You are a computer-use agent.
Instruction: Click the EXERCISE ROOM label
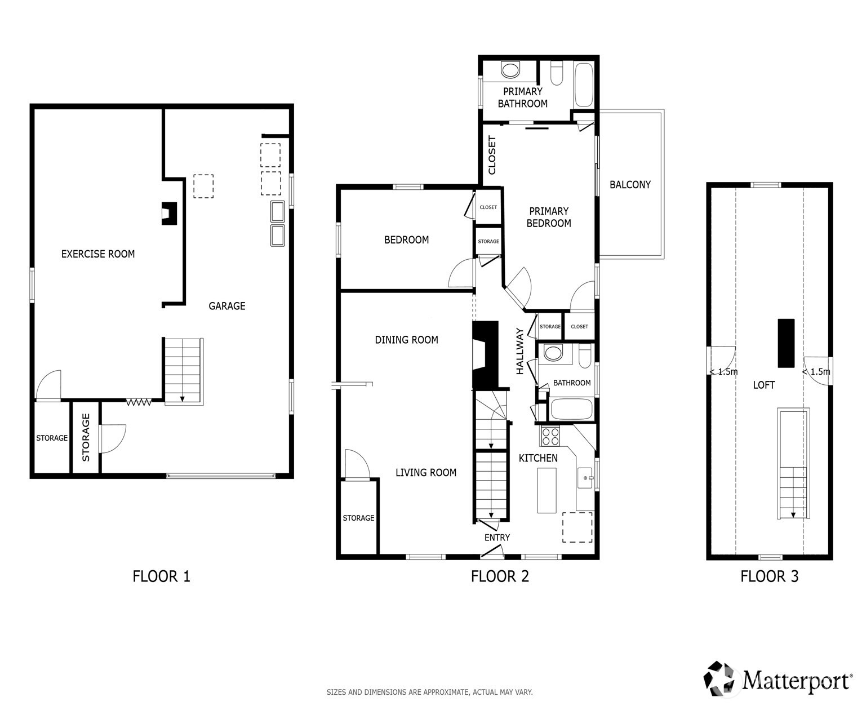pos(98,254)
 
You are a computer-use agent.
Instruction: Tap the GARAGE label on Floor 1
pos(227,306)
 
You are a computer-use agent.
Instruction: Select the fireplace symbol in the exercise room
pos(170,214)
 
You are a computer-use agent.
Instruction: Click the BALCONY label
pos(630,185)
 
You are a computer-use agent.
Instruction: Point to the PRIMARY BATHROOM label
pos(522,97)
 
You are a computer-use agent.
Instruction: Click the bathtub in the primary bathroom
pos(583,85)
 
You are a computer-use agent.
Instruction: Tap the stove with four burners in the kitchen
pos(550,436)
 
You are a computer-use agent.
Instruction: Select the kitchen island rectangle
pos(546,490)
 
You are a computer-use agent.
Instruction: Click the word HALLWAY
pos(519,351)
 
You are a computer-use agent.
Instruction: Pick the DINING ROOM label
pos(406,340)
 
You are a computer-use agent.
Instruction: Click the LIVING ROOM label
pos(425,473)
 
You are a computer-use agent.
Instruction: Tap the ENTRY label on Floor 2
pos(497,538)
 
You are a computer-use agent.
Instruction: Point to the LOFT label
pos(763,385)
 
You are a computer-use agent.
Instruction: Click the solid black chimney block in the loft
pos(785,343)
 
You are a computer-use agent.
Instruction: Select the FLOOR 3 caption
pos(769,576)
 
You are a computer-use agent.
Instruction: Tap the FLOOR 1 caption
pos(161,576)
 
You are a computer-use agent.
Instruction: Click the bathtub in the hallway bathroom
pos(571,409)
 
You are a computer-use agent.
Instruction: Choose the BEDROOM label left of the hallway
pos(406,240)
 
